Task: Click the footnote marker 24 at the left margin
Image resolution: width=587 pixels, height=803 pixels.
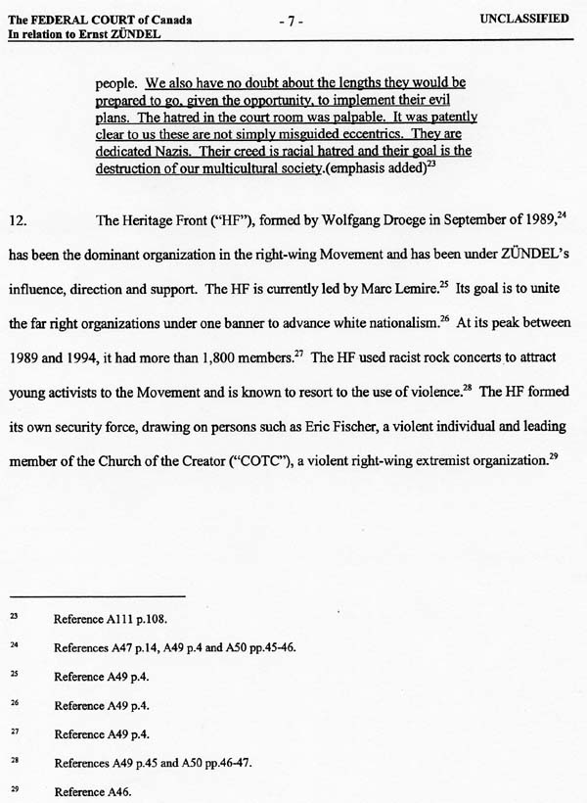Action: [14, 645]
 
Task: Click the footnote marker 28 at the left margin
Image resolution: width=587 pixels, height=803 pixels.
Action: [14, 760]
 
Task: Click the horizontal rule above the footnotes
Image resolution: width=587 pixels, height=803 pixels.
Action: [98, 595]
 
